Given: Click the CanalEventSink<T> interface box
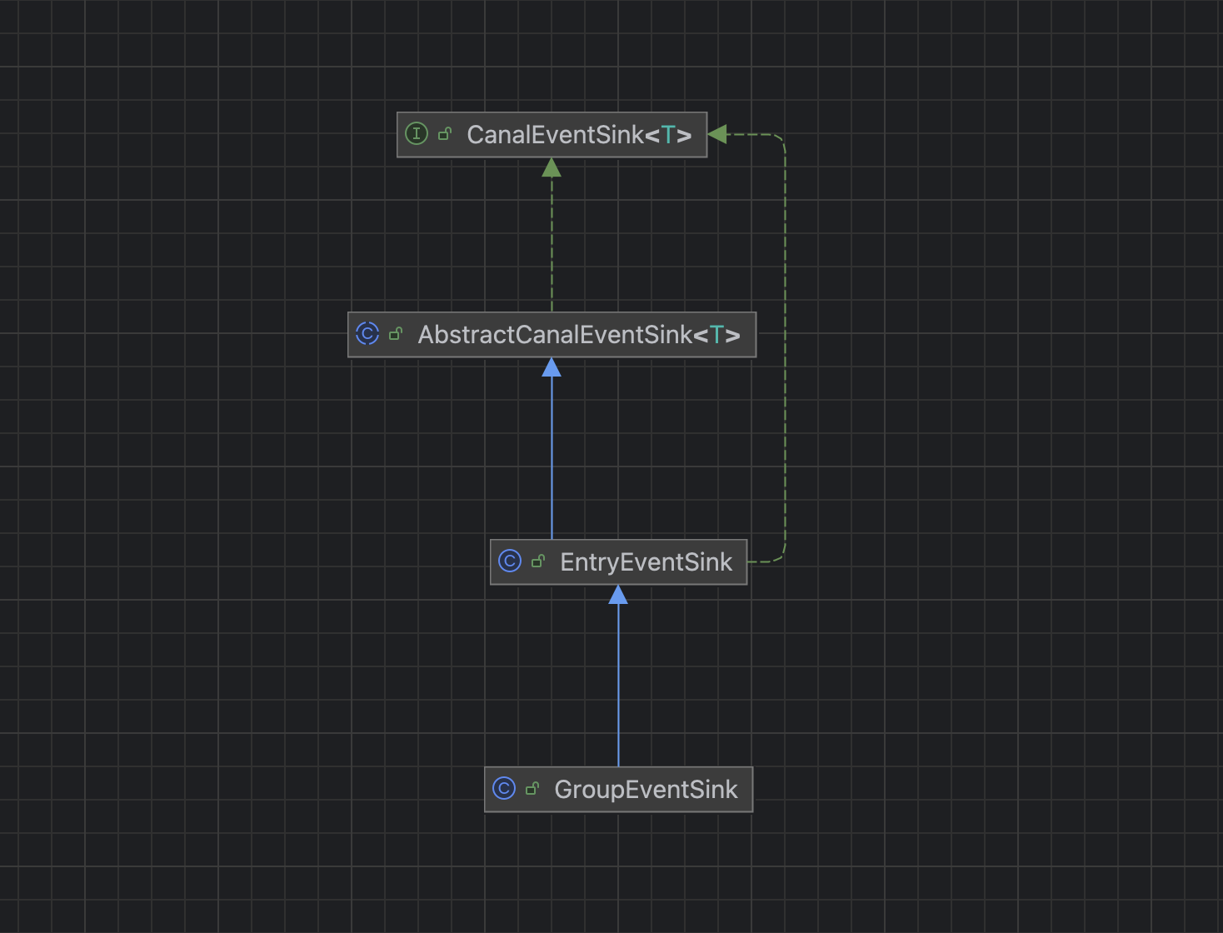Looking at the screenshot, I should (552, 134).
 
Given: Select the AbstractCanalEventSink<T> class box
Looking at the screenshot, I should (552, 335).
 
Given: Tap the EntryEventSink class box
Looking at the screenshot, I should (618, 562).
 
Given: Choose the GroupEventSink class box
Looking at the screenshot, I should (618, 789).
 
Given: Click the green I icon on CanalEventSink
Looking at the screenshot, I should (417, 133).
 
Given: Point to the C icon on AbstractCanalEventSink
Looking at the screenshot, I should (367, 334).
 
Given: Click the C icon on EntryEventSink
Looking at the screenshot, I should (510, 561).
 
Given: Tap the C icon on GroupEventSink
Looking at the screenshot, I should (504, 788).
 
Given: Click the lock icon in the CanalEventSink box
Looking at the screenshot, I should (445, 133).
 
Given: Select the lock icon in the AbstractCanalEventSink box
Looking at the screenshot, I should (396, 334).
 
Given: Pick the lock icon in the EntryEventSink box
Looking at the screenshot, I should (538, 561).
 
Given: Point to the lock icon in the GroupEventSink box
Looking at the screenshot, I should (532, 788).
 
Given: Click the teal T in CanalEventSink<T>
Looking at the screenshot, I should (668, 135).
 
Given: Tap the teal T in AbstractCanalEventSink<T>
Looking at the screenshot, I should (716, 336).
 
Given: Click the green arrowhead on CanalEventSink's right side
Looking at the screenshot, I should (717, 134).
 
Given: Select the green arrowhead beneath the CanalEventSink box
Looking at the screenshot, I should (552, 168).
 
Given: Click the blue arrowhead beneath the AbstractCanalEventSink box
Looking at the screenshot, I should (552, 368).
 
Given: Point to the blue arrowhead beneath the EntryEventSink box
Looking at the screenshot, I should (618, 595).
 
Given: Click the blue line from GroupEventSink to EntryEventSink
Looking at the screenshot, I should (618, 683).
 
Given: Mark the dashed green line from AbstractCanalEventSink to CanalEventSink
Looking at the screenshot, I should (552, 242).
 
